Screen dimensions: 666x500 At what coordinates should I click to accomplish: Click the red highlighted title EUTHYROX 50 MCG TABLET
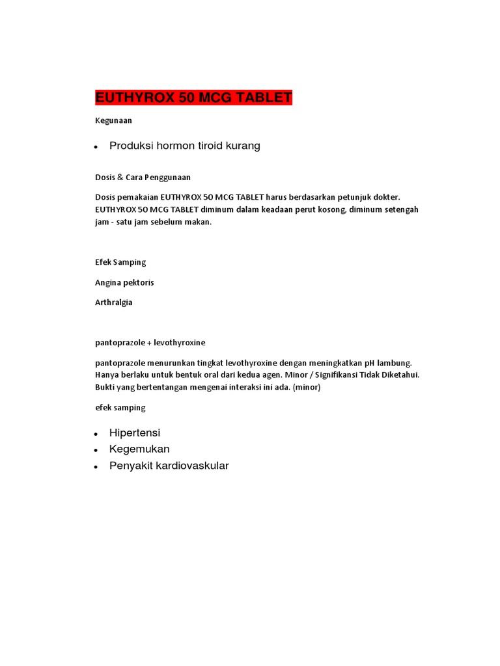tap(194, 98)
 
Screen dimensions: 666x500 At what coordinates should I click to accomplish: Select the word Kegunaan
tap(113, 120)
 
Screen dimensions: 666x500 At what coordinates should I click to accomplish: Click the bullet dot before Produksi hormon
tap(96, 148)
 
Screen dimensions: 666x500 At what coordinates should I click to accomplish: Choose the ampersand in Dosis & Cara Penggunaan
tap(120, 177)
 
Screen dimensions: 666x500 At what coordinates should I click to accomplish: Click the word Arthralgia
tap(114, 302)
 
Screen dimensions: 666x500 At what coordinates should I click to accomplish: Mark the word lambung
tap(396, 362)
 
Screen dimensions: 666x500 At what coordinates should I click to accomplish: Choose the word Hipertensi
tap(135, 433)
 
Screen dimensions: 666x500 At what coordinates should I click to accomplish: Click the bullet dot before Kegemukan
tap(96, 450)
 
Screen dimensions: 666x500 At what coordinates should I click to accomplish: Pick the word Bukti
tap(106, 387)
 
